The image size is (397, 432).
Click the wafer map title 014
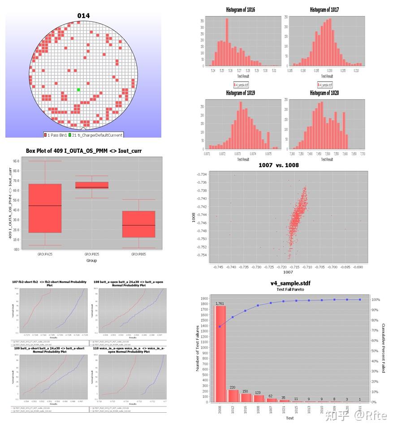(83, 16)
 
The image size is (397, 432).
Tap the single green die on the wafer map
(78, 90)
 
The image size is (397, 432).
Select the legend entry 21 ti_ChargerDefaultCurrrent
(95, 135)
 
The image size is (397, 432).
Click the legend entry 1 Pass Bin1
(55, 135)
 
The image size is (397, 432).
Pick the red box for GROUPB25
(91, 185)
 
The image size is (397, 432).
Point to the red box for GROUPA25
(45, 208)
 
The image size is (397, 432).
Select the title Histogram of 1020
(324, 93)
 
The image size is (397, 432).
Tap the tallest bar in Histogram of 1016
(227, 42)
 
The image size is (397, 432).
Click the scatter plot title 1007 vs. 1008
(278, 165)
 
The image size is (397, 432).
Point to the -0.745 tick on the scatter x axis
(218, 267)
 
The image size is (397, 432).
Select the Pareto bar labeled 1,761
(220, 354)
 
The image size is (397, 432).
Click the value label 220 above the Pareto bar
(232, 387)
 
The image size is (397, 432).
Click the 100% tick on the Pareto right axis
(375, 299)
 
